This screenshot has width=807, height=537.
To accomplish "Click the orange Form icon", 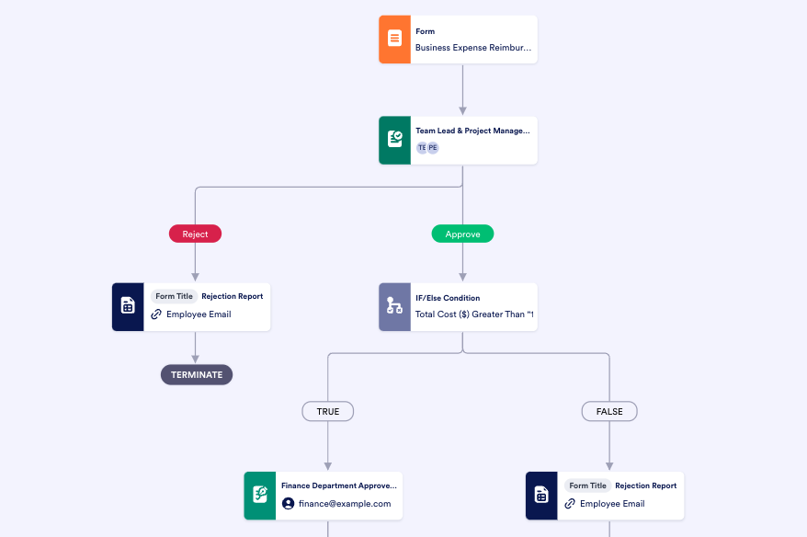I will pyautogui.click(x=394, y=39).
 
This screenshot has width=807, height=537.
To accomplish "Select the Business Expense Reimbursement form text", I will pyautogui.click(x=472, y=47).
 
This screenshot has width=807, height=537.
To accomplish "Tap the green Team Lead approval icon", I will pyautogui.click(x=394, y=140).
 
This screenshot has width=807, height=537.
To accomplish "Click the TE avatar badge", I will pyautogui.click(x=422, y=147).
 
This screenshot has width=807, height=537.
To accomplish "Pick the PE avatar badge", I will pyautogui.click(x=433, y=147).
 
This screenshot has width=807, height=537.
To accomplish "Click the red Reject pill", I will pyautogui.click(x=195, y=234).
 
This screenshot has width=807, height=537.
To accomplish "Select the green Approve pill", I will pyautogui.click(x=462, y=234).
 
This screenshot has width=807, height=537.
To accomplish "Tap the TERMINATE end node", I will pyautogui.click(x=197, y=374).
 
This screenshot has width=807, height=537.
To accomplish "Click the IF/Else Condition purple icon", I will pyautogui.click(x=394, y=306).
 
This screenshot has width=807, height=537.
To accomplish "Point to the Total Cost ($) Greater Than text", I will pyautogui.click(x=474, y=314).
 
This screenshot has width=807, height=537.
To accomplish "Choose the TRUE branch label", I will pyautogui.click(x=328, y=411).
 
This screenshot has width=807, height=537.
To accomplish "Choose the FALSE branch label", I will pyautogui.click(x=609, y=411).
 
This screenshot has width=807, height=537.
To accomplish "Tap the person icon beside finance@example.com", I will pyautogui.click(x=289, y=504).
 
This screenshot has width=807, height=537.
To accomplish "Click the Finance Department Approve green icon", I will pyautogui.click(x=260, y=496).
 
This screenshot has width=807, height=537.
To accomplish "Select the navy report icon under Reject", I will pyautogui.click(x=128, y=306).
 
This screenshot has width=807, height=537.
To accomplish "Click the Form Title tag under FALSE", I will pyautogui.click(x=587, y=486).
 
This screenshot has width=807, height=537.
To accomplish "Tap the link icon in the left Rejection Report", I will pyautogui.click(x=156, y=314).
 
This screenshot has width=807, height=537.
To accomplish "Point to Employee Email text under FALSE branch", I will pyautogui.click(x=612, y=504).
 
